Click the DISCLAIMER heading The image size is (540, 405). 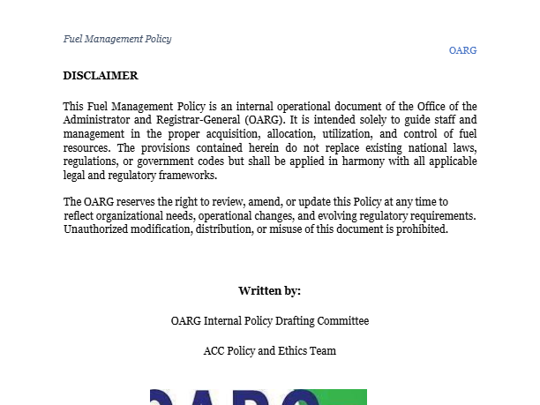[x=101, y=76]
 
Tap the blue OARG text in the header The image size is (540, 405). [x=462, y=50]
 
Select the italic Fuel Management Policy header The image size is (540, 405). [x=117, y=39]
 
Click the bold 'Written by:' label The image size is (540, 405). [x=270, y=290]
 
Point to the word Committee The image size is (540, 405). [x=342, y=320]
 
